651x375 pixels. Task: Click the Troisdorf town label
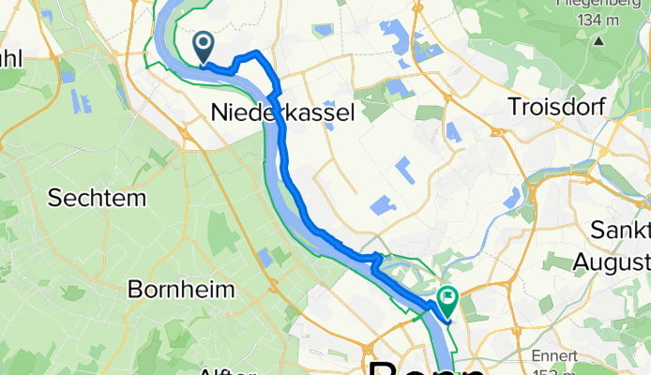pos(553,106)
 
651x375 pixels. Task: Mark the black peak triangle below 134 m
pos(611,40)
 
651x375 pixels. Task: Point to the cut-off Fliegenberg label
pos(611,4)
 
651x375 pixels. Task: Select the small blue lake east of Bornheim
pos(265,256)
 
